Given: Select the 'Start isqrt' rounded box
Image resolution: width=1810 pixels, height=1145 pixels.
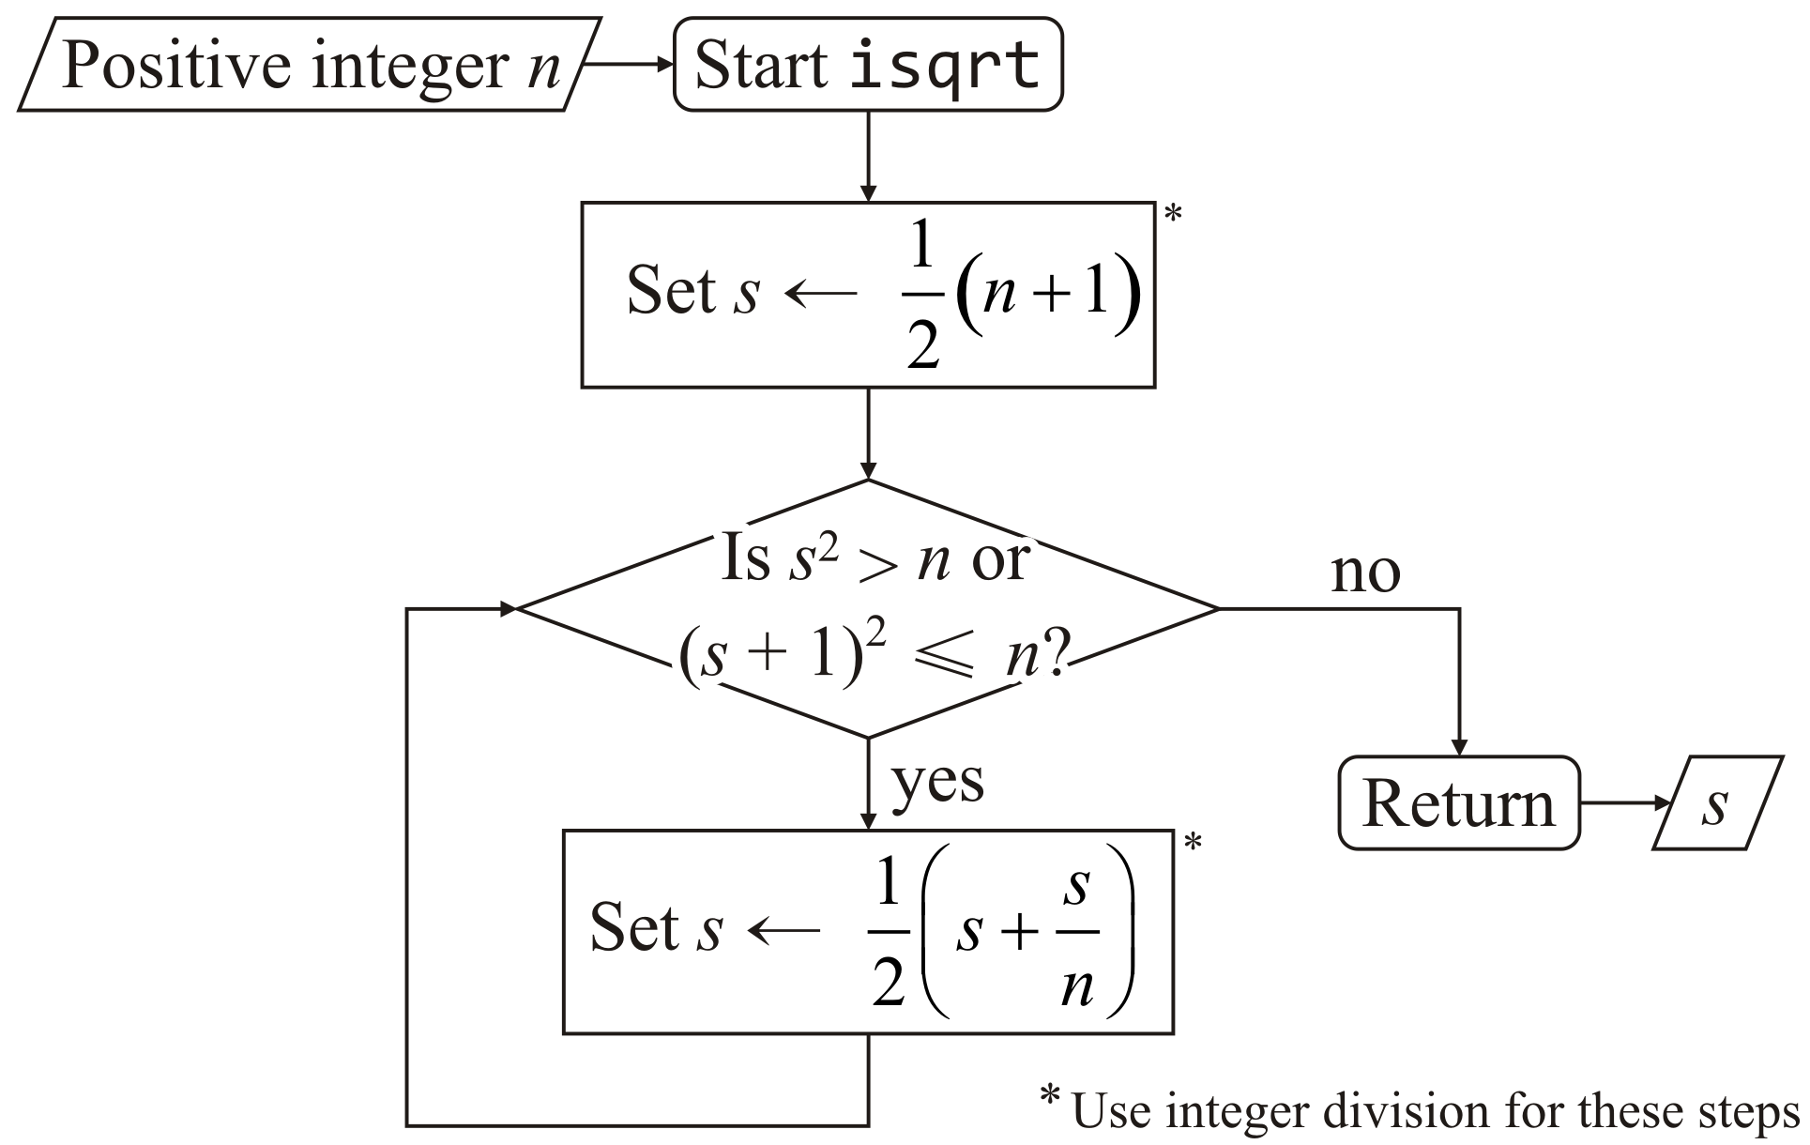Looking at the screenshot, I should pyautogui.click(x=868, y=65).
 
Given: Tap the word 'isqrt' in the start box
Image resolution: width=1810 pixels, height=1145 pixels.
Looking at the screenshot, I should pyautogui.click(x=945, y=65).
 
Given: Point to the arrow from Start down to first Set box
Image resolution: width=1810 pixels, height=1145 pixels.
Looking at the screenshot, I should pyautogui.click(x=868, y=156).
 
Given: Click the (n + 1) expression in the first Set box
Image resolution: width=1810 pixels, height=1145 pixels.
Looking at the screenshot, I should pyautogui.click(x=1047, y=293).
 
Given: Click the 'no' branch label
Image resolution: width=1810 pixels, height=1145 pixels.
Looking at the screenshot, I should pyautogui.click(x=1365, y=572).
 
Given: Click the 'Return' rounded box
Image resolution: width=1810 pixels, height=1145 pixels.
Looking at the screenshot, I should pyautogui.click(x=1458, y=803).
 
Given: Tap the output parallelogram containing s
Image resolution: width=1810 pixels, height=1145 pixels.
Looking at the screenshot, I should pyautogui.click(x=1716, y=803).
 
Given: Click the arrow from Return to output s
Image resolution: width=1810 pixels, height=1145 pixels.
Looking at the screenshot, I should pyautogui.click(x=1624, y=803).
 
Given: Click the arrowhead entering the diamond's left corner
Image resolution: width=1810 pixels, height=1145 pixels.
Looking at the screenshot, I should pyautogui.click(x=508, y=609).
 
